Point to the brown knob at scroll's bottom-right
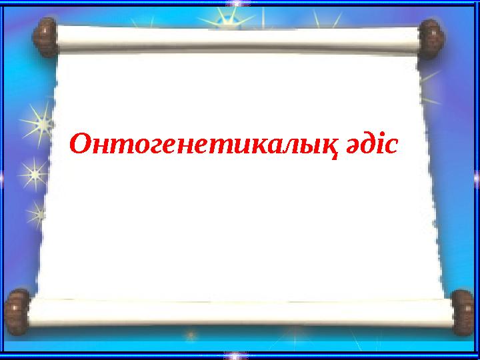(461, 312)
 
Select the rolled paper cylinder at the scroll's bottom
(240, 313)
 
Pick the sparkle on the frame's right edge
(476, 179)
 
